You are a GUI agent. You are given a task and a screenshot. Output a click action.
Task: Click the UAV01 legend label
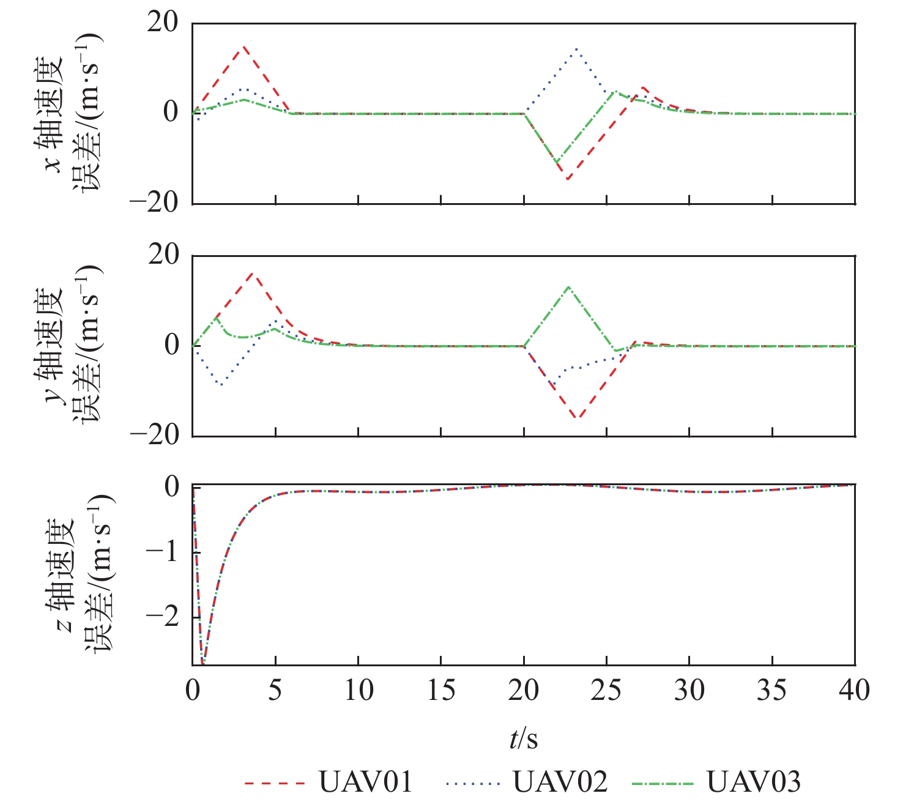[366, 782]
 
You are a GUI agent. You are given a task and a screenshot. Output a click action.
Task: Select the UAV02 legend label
[560, 782]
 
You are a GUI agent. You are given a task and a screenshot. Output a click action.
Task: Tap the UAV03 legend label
[753, 782]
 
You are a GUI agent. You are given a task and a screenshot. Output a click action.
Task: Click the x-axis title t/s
[524, 739]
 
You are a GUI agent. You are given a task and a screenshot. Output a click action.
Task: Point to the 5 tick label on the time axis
[275, 691]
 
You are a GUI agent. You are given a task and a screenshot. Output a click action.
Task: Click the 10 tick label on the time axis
[358, 691]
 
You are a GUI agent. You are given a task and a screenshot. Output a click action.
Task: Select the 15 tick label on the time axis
[441, 691]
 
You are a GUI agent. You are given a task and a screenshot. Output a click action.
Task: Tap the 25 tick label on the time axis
[606, 691]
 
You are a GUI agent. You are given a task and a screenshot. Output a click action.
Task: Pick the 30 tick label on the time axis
[689, 691]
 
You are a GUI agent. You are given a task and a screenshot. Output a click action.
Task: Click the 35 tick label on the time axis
[772, 691]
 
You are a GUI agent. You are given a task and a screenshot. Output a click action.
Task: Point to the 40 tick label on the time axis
[854, 691]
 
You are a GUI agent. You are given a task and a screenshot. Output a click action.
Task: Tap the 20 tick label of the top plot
[163, 23]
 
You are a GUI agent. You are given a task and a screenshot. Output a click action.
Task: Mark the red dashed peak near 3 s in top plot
[243, 46]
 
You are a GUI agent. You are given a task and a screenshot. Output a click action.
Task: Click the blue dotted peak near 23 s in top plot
[576, 49]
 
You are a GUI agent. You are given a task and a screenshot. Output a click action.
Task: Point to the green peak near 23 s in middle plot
[568, 286]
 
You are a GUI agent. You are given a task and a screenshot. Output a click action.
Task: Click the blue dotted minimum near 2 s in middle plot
[221, 385]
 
